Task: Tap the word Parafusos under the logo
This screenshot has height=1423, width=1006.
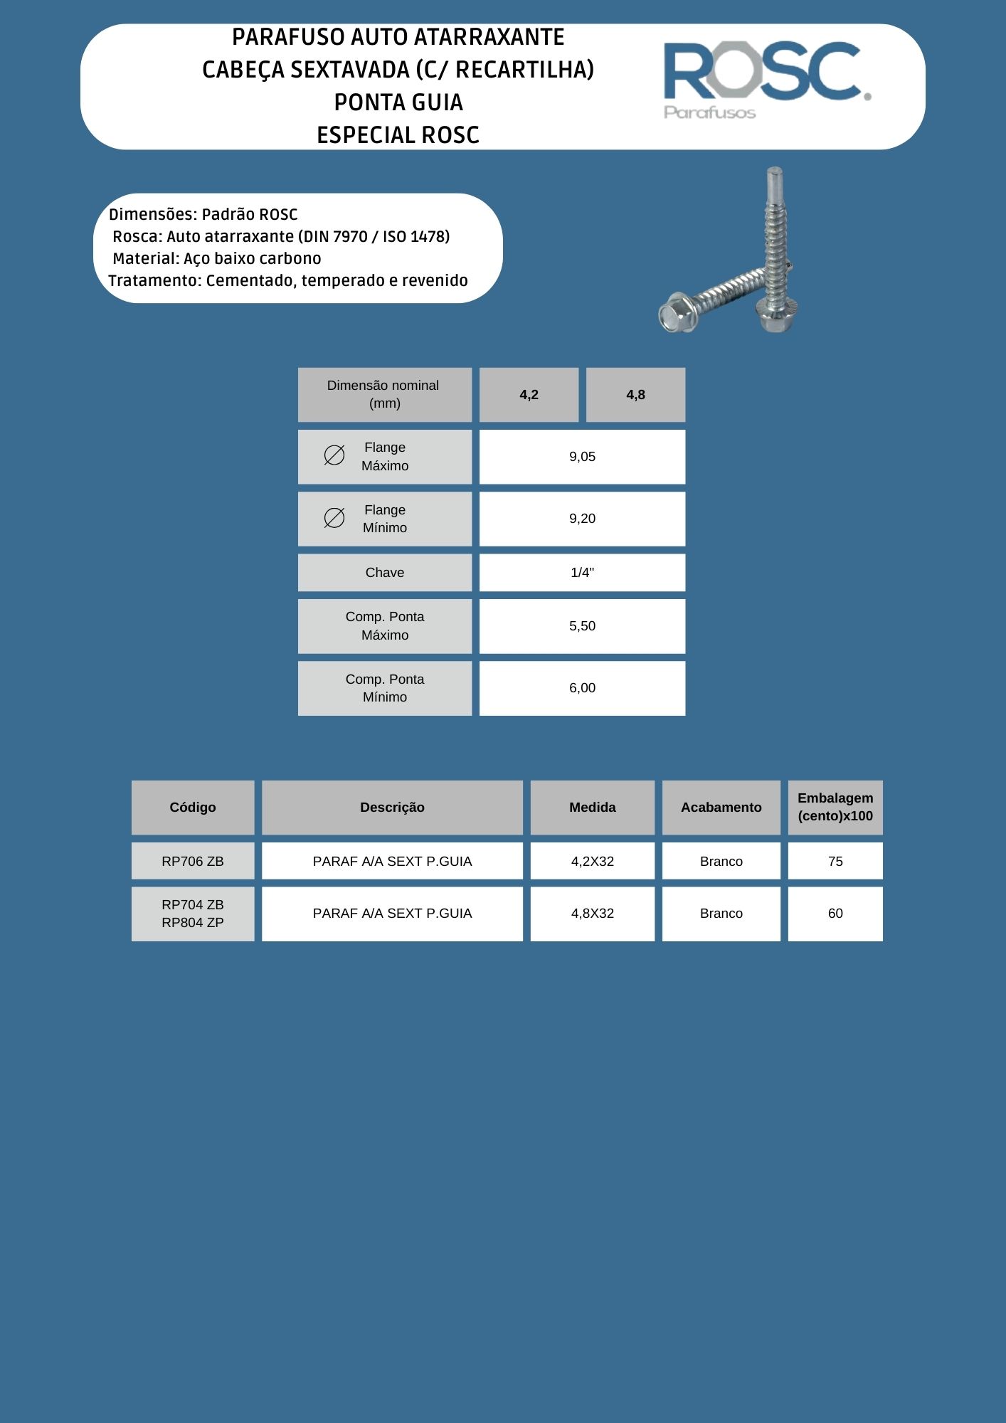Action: click(x=709, y=112)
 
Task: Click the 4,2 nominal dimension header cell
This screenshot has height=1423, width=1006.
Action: click(x=529, y=395)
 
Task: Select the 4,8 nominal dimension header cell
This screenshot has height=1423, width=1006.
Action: click(x=635, y=395)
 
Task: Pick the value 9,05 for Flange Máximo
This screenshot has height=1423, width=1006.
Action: click(x=582, y=457)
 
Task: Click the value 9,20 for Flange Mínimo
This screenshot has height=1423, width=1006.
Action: click(x=582, y=519)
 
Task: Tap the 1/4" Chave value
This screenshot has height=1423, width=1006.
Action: click(x=582, y=573)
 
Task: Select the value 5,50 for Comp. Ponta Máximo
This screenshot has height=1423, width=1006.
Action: click(x=582, y=626)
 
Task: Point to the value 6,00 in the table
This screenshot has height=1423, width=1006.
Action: click(x=582, y=688)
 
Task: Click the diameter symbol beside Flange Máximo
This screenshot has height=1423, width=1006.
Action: click(x=334, y=455)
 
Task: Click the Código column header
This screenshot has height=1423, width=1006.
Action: click(x=193, y=808)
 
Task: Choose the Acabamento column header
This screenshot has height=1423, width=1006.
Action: click(x=721, y=808)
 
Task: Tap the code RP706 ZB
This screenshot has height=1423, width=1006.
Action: click(x=193, y=862)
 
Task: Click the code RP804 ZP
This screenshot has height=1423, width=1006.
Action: click(x=193, y=923)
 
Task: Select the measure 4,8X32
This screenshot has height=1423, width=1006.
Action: click(x=592, y=914)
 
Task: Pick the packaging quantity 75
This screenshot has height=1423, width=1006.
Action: click(x=835, y=862)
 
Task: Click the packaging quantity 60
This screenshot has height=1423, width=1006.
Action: click(x=835, y=914)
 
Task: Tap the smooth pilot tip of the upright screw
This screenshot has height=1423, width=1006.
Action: click(x=774, y=185)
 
